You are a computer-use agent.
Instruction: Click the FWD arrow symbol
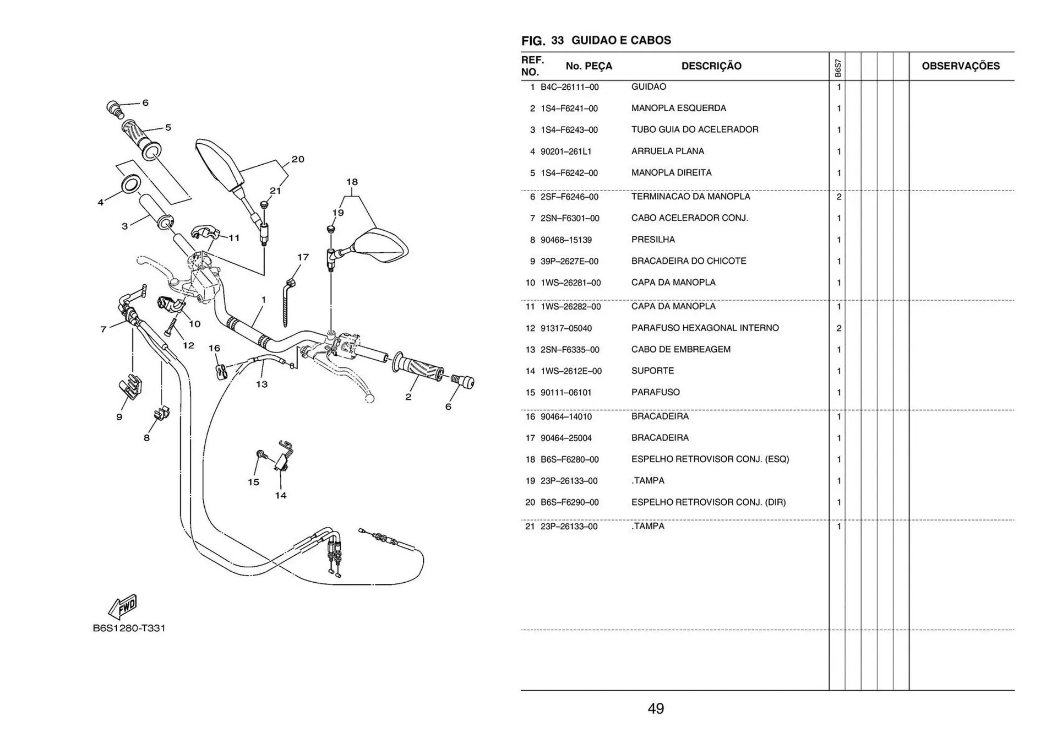pos(123,606)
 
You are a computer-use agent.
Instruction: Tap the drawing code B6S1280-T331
pos(129,628)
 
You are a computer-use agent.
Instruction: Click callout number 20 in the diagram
pos(298,159)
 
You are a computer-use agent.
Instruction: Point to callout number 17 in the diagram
pos(303,257)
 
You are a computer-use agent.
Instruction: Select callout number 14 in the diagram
pos(281,495)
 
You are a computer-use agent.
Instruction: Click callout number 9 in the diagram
pos(119,417)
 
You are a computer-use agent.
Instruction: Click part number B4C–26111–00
pos(569,87)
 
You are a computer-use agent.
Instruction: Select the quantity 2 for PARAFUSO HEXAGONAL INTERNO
pos(838,328)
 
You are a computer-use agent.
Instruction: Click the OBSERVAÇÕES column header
pos(960,66)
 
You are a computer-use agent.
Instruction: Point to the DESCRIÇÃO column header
pos(711,66)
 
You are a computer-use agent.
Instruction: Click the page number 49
pos(655,708)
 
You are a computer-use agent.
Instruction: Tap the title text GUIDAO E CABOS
pos(621,40)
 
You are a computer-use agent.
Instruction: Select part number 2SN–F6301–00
pos(570,218)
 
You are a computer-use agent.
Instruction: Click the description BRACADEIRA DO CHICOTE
pos(688,261)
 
